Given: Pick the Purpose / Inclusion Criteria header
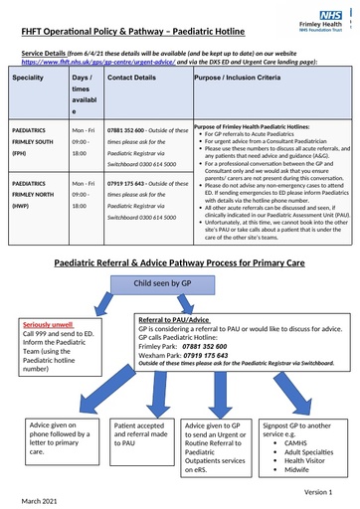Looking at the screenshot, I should click(x=243, y=77).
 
